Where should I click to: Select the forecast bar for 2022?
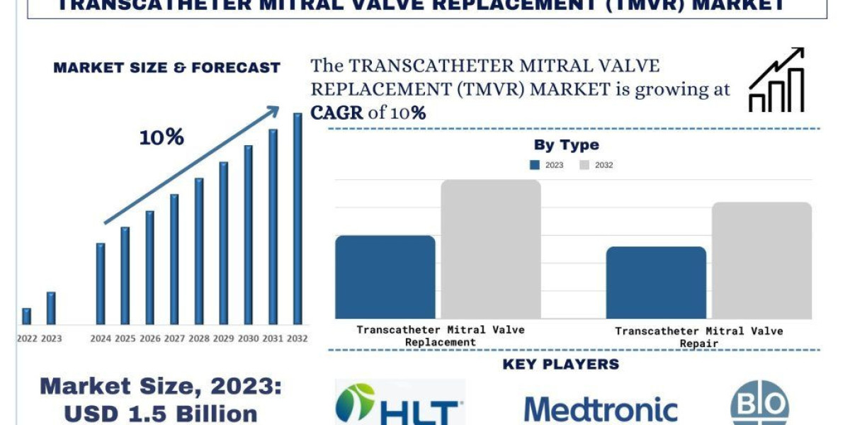(x=26, y=316)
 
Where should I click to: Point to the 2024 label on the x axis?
(x=100, y=339)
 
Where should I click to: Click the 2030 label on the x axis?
(x=248, y=339)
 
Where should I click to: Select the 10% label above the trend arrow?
(x=161, y=137)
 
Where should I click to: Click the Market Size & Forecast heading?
(x=166, y=68)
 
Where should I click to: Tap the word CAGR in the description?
(x=337, y=113)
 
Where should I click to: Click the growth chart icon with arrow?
(x=776, y=81)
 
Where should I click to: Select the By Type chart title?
(x=566, y=145)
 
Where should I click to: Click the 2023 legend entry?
(x=546, y=165)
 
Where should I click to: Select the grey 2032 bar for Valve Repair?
(x=761, y=260)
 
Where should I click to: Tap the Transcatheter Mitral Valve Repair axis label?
(x=698, y=336)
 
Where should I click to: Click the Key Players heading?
(x=560, y=365)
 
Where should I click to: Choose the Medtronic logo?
(x=601, y=409)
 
